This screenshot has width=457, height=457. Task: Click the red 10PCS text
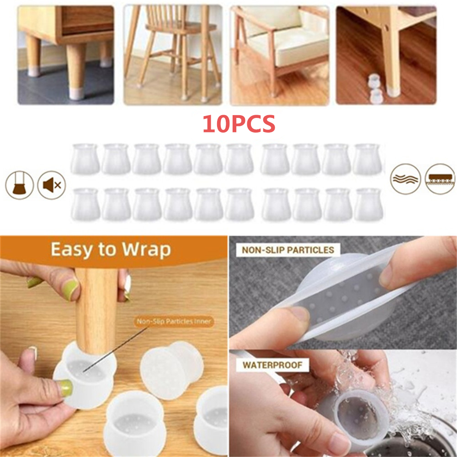(239, 123)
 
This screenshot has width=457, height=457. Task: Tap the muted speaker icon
(52, 185)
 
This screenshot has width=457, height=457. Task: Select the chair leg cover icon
(20, 185)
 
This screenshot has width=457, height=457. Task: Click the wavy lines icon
(405, 179)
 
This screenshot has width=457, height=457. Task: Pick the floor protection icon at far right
(440, 179)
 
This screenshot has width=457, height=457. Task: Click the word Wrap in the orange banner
(146, 250)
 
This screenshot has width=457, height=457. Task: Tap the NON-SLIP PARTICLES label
(288, 250)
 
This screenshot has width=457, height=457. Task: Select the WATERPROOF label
(272, 365)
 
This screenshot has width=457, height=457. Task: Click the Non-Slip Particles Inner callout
(174, 321)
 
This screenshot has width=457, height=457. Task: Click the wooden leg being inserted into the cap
(96, 312)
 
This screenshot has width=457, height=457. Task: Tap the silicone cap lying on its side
(171, 370)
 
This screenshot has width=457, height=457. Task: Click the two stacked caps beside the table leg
(374, 89)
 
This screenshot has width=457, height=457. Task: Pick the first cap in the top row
(85, 159)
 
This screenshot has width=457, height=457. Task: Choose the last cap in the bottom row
(368, 204)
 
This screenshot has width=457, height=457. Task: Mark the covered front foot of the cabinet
(76, 93)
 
